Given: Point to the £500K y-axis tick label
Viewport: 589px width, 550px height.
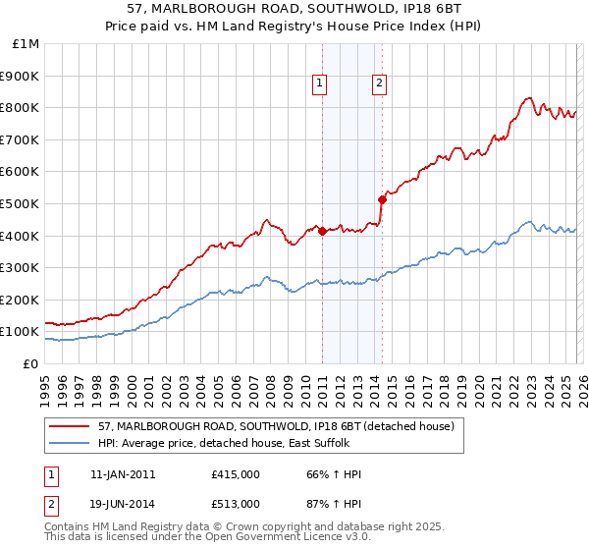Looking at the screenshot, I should point(22,203).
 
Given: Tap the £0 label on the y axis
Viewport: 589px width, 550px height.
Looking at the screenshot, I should point(30,363).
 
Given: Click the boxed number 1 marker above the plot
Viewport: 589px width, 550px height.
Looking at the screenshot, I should point(320,84).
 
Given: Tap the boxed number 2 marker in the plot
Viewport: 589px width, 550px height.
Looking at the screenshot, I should point(379,84).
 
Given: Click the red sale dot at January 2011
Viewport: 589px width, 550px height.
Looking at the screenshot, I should point(322,231).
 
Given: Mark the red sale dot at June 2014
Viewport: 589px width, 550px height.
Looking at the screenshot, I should point(382,199).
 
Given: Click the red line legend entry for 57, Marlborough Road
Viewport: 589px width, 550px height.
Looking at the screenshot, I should point(276,427).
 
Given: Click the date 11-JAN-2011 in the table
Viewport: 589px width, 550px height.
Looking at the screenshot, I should point(123,474).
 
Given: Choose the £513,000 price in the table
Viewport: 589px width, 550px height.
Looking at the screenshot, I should point(236,503).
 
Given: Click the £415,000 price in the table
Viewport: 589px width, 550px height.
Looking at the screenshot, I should point(236,474).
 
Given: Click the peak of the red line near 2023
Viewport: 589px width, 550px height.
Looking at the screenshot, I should point(528,97).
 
